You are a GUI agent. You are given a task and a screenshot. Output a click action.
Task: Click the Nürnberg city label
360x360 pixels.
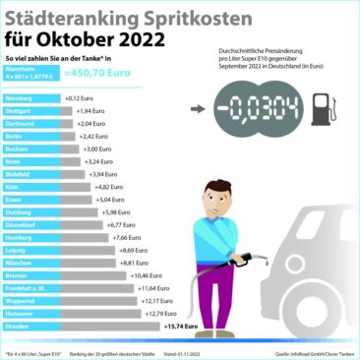[x=20, y=99]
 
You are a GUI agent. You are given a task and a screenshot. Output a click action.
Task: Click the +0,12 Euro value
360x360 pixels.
[x=78, y=99]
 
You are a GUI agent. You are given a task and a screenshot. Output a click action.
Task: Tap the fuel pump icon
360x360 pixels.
[x=320, y=109]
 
